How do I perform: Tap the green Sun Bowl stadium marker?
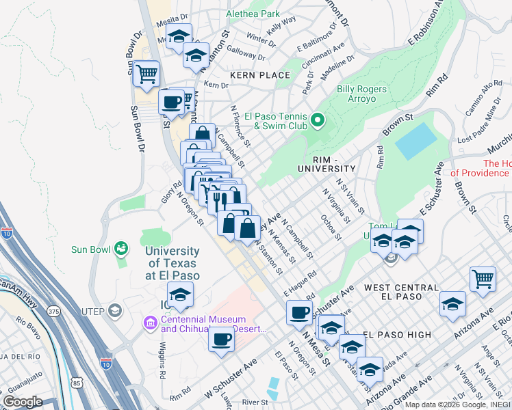pyautogui.click(x=122, y=248)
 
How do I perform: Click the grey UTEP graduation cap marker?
pyautogui.click(x=114, y=311)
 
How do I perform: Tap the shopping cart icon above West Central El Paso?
pyautogui.click(x=483, y=279)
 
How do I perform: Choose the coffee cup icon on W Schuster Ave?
pyautogui.click(x=221, y=340)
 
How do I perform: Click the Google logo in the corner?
pyautogui.click(x=23, y=402)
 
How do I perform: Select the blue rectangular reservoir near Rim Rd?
pyautogui.click(x=415, y=141)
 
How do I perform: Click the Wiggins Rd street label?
pyautogui.click(x=163, y=361)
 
